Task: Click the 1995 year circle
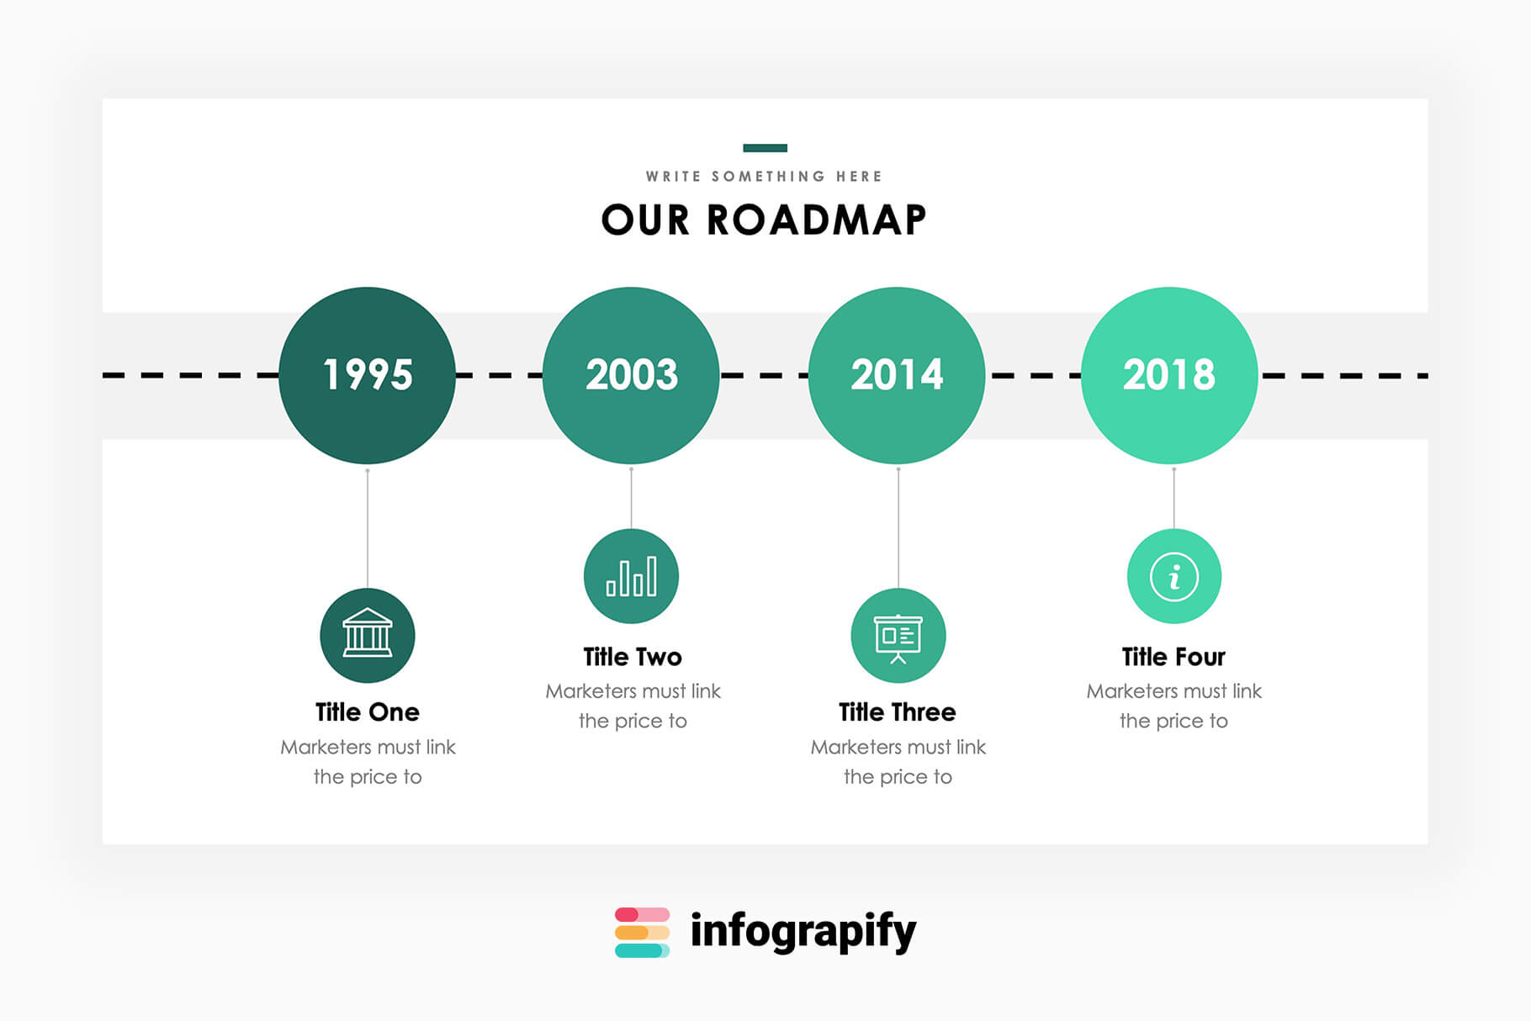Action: (x=367, y=375)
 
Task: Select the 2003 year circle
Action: (x=631, y=375)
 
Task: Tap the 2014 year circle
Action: (x=897, y=375)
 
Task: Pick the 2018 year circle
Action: (x=1169, y=375)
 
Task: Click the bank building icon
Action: (x=368, y=635)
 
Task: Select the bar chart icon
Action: (x=631, y=576)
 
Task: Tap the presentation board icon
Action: (x=898, y=635)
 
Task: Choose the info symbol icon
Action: (x=1173, y=576)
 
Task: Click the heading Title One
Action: (x=368, y=712)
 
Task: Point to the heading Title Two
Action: (x=633, y=657)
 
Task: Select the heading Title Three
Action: (x=898, y=712)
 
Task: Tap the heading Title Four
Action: (x=1173, y=657)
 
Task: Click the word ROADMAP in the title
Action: (x=816, y=220)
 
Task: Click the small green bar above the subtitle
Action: (x=765, y=148)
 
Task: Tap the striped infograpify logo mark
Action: (x=642, y=932)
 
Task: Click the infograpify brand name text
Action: (x=803, y=932)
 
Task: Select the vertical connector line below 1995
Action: (x=368, y=527)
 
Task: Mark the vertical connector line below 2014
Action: (x=898, y=527)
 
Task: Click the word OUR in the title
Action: (x=645, y=220)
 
